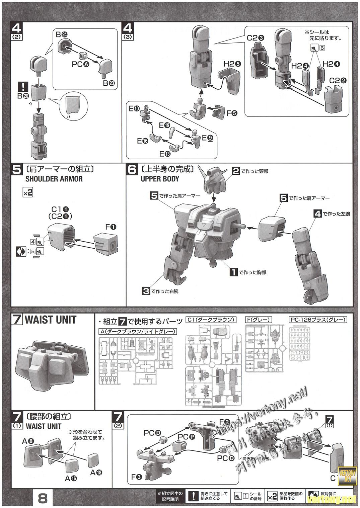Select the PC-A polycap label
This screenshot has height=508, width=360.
[x=80, y=64]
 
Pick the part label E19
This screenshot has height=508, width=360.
[x=164, y=125]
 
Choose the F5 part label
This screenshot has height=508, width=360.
[x=232, y=113]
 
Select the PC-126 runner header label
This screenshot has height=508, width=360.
[x=317, y=320]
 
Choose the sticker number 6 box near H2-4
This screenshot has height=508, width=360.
[x=322, y=48]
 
